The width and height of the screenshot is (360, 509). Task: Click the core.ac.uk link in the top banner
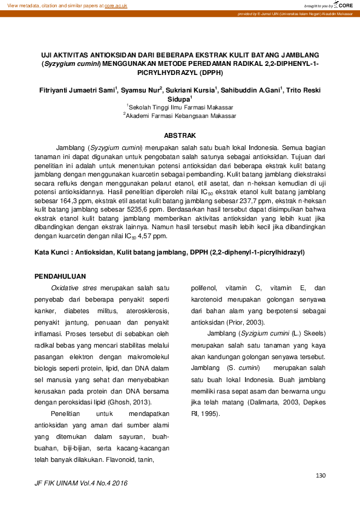click(x=116, y=5)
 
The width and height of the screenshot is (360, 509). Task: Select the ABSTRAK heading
click(x=180, y=135)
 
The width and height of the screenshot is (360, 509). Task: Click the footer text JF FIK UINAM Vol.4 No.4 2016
click(x=82, y=484)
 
